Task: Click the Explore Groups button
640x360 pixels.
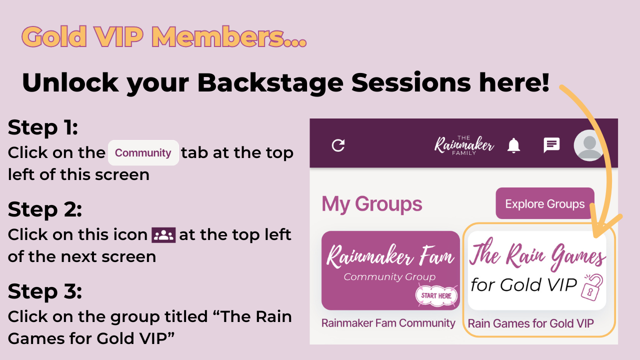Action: [x=545, y=203]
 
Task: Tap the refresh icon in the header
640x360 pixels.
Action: [x=338, y=145]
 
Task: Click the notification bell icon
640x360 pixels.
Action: [x=513, y=145]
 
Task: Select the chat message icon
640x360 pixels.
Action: [x=551, y=145]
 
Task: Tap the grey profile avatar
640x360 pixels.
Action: [x=589, y=145]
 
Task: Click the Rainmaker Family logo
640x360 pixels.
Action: [x=464, y=145]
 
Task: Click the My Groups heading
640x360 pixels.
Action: [x=371, y=204]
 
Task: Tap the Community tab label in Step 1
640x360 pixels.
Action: [x=143, y=153]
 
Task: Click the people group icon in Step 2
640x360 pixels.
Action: [x=163, y=235]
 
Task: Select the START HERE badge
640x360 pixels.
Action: [x=436, y=295]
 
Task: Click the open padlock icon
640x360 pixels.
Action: [x=592, y=287]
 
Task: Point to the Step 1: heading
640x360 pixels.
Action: [x=43, y=127]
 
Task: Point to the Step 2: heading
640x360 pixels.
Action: [x=45, y=209]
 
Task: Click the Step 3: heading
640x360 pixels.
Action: [x=45, y=291]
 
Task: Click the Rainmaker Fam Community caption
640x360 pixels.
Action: [x=388, y=323]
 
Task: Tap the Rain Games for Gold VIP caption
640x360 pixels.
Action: [x=531, y=323]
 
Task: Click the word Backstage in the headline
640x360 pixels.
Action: [x=270, y=83]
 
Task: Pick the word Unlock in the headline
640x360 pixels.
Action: [x=70, y=82]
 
